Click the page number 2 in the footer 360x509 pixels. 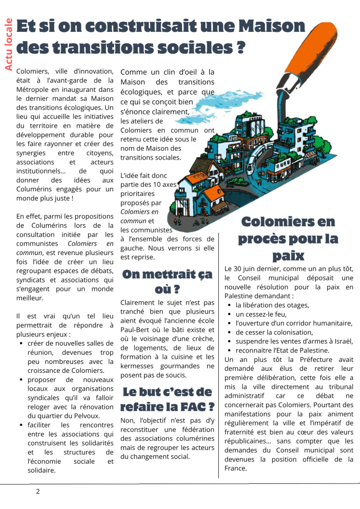pyautogui.click(x=38, y=492)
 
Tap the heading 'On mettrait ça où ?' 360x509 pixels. pyautogui.click(x=167, y=281)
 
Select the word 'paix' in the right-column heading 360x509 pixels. pyautogui.click(x=288, y=256)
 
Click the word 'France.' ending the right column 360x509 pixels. pyautogui.click(x=236, y=468)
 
